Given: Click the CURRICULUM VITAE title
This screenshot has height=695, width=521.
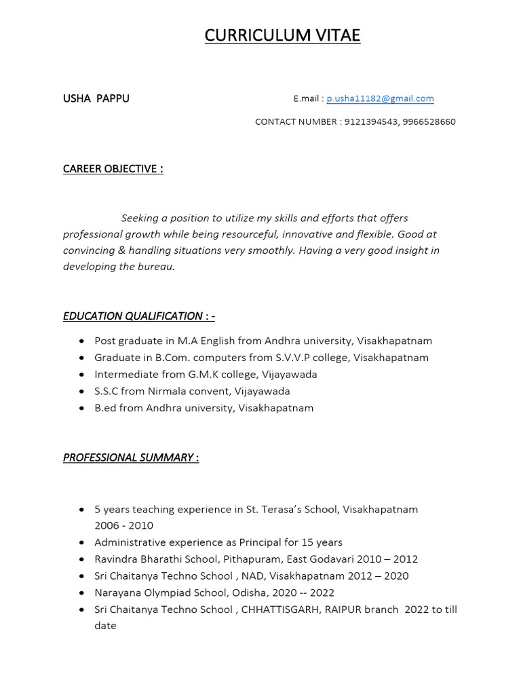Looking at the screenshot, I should pos(282,35).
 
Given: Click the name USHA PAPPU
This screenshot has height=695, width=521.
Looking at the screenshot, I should pos(96,98).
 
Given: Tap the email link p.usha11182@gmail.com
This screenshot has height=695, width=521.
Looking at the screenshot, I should pos(380,98).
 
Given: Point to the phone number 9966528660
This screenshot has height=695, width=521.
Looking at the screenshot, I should pos(429,122).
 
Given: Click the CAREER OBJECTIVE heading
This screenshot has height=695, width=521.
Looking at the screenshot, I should pos(113,169).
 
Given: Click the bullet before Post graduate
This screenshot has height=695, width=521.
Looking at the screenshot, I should pos(82,341).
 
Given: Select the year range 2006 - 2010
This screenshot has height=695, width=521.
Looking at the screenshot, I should pos(123,525).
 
